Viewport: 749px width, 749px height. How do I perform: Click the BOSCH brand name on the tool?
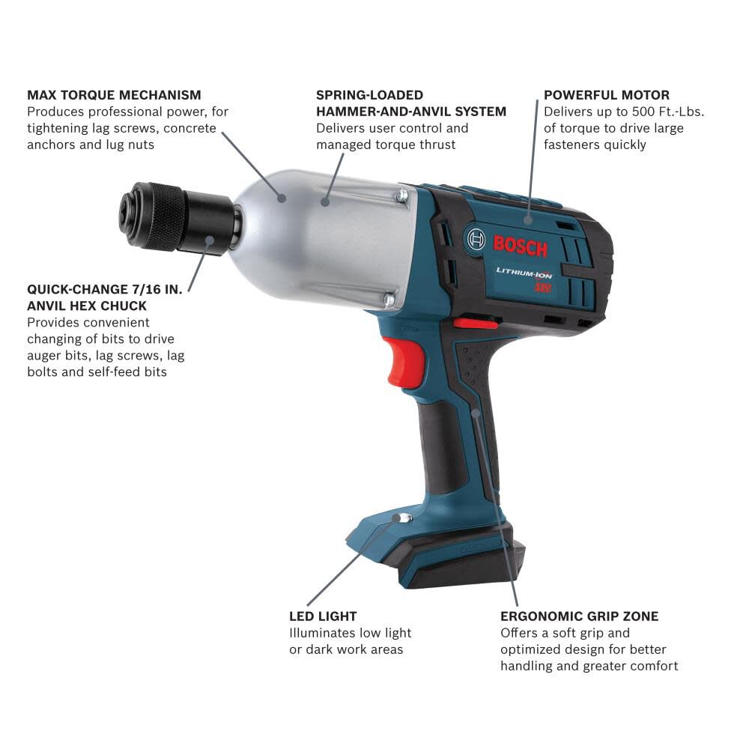point(521,245)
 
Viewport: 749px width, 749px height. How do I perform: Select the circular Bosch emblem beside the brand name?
point(476,240)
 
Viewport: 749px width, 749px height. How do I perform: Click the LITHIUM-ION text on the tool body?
point(524,274)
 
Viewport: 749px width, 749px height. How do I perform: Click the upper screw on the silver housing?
point(402,196)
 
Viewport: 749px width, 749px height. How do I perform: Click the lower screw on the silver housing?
point(389,300)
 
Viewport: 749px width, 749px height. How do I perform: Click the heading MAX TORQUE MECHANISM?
point(114,95)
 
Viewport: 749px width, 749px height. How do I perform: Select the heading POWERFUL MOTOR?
point(607,95)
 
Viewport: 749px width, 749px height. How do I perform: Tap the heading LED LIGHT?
point(323,616)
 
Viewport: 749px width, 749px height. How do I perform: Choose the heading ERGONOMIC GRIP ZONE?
point(580,616)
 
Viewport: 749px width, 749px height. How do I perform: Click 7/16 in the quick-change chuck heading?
point(145,288)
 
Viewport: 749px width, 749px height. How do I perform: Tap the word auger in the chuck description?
point(44,355)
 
